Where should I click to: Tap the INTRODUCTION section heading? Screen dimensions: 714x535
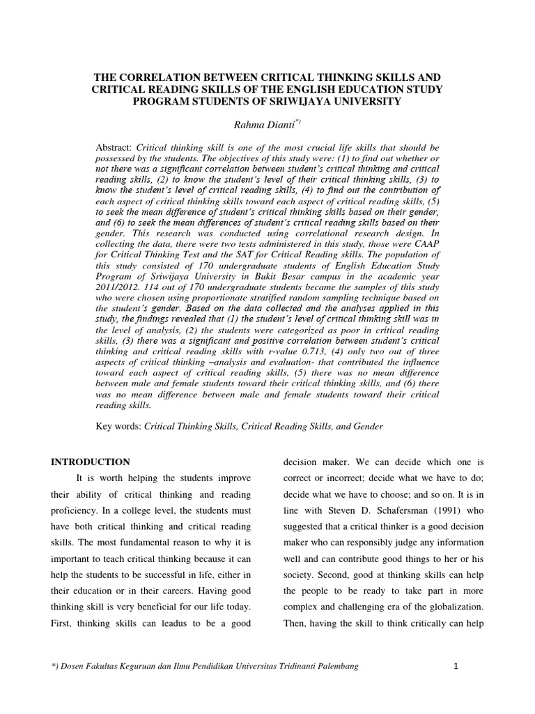[x=91, y=462]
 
